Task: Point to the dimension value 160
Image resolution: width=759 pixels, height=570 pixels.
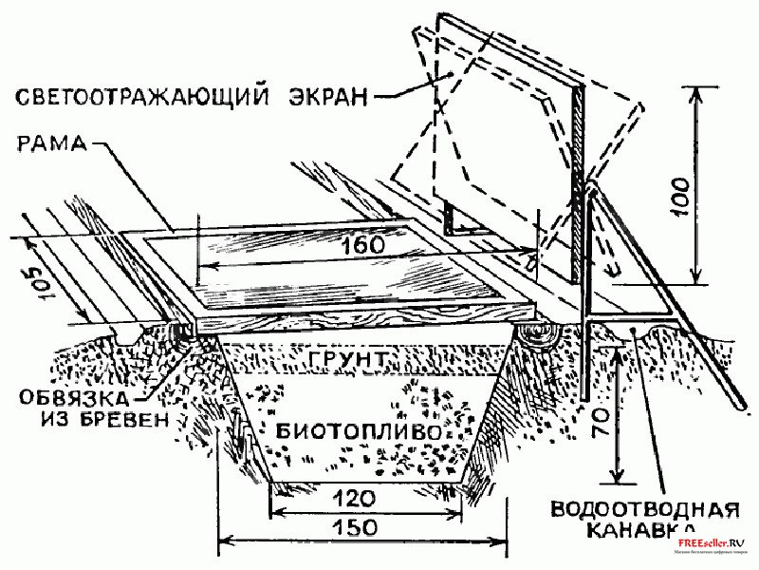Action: tap(363, 245)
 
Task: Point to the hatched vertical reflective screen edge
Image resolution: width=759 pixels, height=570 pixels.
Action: tap(576, 190)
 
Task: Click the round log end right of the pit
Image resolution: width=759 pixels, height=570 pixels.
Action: tap(541, 334)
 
